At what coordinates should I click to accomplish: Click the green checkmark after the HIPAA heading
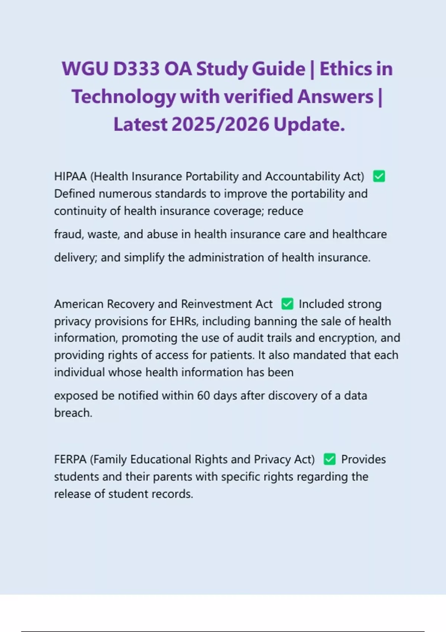tap(379, 176)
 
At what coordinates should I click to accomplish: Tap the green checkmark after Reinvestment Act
tap(287, 304)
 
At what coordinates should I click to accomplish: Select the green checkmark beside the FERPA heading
tap(330, 459)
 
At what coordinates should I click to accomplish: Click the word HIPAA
tap(70, 176)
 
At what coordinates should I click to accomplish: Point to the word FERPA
tap(70, 460)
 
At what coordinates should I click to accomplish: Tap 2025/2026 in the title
tap(220, 124)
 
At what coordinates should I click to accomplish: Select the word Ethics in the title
tap(345, 69)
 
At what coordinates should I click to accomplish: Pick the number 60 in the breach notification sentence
tap(203, 396)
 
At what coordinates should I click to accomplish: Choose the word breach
tap(73, 413)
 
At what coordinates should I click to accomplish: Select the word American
tap(79, 304)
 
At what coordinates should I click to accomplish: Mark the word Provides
tap(363, 460)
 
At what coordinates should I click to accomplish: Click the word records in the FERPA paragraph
tap(174, 494)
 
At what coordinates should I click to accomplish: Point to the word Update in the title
tap(309, 124)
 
